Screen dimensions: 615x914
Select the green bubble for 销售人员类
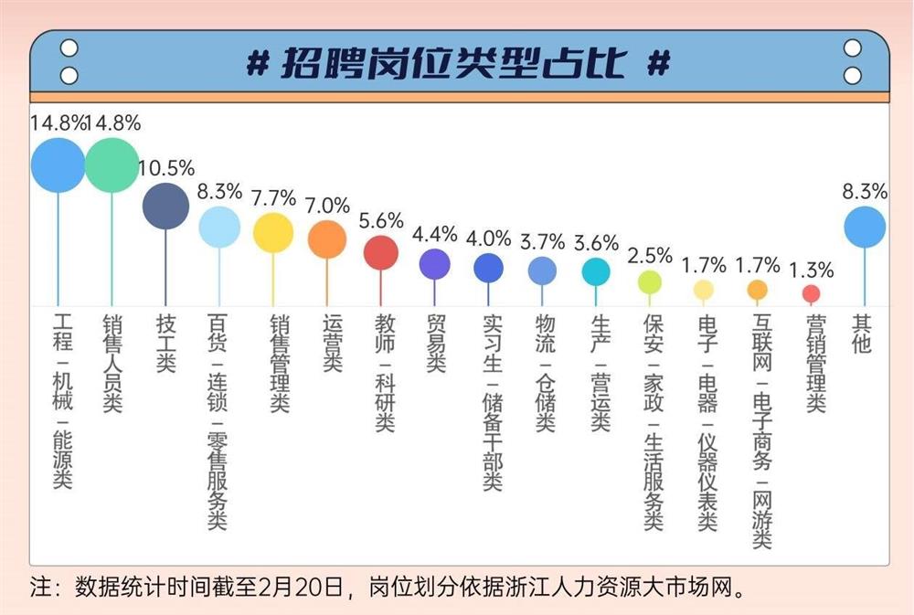[112, 165]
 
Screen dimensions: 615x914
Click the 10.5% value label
[166, 168]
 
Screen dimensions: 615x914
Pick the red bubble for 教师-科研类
[381, 252]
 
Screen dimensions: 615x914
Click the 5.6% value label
[381, 220]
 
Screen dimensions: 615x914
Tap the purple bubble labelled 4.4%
[435, 263]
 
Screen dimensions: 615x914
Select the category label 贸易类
[435, 344]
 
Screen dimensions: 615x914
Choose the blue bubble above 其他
[865, 228]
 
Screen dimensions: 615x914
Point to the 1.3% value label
[811, 270]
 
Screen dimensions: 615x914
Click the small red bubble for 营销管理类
[811, 293]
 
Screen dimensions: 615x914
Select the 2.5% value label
[650, 255]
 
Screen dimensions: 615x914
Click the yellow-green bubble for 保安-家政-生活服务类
[650, 282]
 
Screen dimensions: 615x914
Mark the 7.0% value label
[327, 206]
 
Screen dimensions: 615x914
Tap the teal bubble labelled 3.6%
[596, 271]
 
